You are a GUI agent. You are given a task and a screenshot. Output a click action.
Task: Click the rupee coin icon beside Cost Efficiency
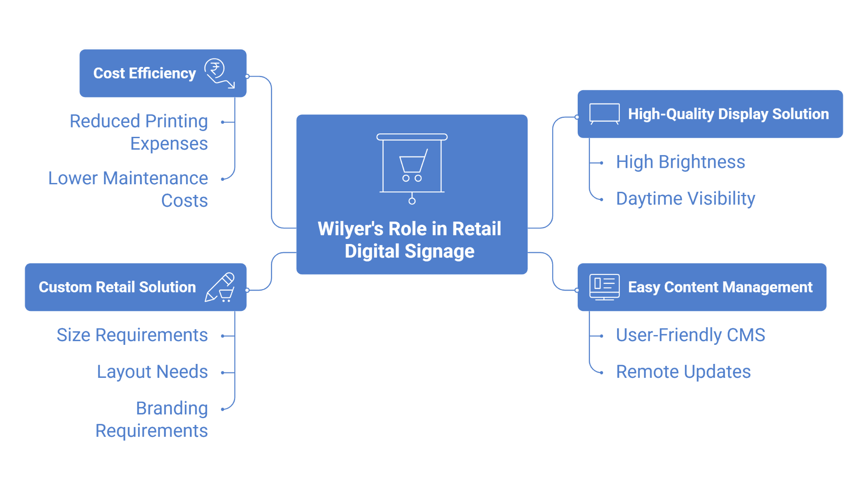220,73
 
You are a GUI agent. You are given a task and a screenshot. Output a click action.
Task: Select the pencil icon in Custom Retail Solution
220,287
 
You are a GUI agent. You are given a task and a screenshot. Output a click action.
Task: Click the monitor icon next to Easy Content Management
604,287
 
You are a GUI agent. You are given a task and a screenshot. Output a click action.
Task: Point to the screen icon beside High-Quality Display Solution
604,114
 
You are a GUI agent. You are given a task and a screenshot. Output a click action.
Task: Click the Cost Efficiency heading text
145,73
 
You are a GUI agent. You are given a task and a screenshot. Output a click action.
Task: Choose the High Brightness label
680,162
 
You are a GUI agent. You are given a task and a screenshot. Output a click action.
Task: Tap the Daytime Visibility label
685,198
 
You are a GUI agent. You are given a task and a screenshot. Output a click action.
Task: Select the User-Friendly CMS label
690,335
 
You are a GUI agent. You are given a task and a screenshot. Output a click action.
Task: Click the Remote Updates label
683,372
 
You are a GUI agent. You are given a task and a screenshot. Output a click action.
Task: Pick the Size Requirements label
132,335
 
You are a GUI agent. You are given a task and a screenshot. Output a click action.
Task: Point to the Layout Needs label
153,372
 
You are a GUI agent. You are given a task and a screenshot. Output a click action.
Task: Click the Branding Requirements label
152,419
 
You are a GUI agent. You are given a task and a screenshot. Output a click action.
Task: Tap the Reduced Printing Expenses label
139,132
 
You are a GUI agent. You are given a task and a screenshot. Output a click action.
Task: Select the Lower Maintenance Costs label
128,189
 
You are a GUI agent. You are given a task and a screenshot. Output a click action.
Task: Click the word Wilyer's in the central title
351,229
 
